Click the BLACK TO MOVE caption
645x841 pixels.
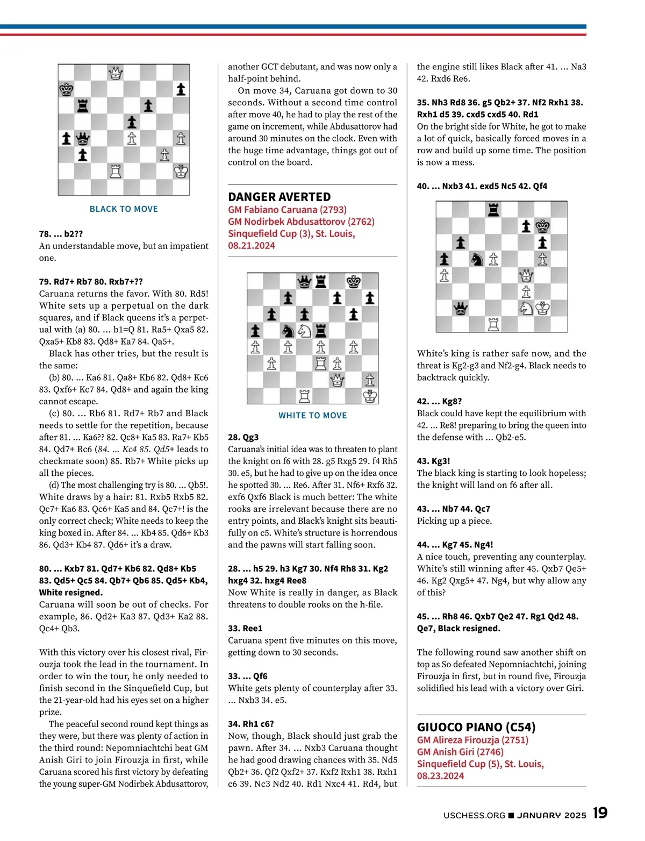pos(124,209)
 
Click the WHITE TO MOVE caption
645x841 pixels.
pos(312,415)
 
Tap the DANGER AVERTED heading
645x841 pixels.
pos(279,197)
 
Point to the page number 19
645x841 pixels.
pos(600,813)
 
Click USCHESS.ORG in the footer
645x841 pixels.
pos(474,815)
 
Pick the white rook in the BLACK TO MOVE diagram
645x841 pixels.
pos(116,172)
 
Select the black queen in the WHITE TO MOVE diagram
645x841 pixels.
pos(304,281)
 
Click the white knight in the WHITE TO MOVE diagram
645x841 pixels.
pos(304,331)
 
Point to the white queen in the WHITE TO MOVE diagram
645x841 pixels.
pos(337,380)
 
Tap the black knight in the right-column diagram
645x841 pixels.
pos(477,259)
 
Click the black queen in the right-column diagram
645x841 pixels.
pos(461,309)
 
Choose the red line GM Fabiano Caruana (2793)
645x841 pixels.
pos(287,210)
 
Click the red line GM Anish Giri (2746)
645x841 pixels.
pos(460,752)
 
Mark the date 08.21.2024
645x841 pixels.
pos(251,246)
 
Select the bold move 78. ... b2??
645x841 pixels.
pos(61,234)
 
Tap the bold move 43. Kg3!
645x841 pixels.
pos(433,461)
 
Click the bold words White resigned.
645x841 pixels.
pos(70,593)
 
